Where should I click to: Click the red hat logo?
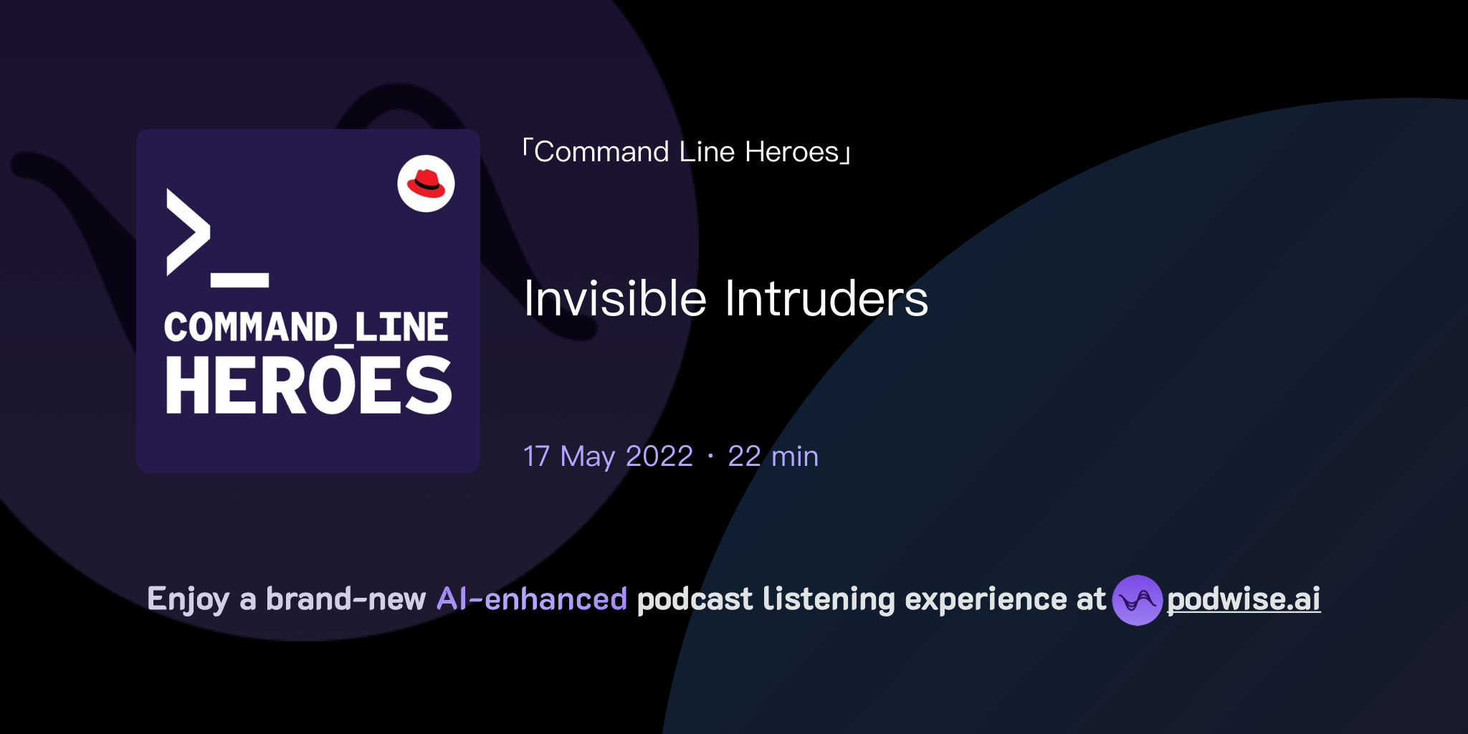(426, 183)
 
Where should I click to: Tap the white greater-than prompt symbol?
(188, 232)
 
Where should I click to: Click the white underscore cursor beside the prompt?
(239, 280)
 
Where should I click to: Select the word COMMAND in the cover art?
(250, 328)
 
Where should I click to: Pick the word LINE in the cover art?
(401, 328)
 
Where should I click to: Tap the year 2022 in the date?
(659, 457)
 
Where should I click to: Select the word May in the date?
(587, 457)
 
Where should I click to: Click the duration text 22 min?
(773, 457)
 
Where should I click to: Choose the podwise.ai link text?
(1244, 599)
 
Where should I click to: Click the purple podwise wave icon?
(1137, 600)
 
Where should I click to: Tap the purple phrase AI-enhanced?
(532, 599)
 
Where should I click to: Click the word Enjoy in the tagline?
(188, 599)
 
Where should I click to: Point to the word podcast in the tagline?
(695, 599)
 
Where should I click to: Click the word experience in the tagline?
(986, 599)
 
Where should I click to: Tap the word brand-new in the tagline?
(345, 599)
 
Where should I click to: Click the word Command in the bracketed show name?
(601, 152)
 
